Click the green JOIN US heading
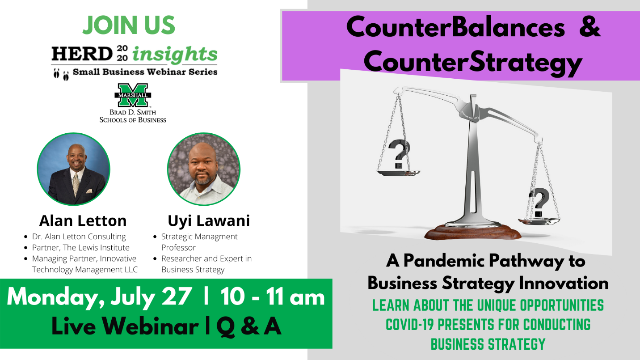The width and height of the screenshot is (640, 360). pos(129,25)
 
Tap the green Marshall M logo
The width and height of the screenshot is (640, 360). pos(133,95)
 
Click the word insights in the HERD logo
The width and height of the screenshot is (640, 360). pos(175,55)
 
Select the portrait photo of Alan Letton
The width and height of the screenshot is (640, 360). pos(74,169)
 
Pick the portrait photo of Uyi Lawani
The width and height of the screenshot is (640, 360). pos(204,169)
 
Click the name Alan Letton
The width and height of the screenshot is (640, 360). pos(83,221)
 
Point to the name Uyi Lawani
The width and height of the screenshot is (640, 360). pos(209,221)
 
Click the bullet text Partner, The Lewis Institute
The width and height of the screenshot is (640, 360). pos(80,248)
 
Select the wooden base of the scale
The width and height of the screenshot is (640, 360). pos(473,232)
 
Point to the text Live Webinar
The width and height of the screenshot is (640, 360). pos(125,326)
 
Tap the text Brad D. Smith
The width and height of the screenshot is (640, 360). pos(133,112)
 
